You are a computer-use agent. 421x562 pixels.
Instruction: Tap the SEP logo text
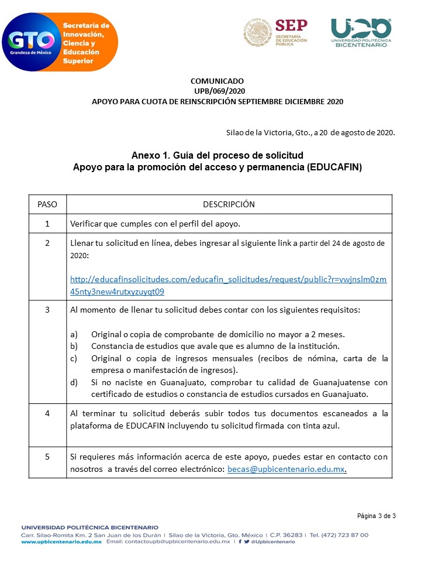(x=291, y=26)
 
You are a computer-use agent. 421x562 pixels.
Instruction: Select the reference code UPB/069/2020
(x=217, y=91)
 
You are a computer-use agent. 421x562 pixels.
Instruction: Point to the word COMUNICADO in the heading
(x=217, y=81)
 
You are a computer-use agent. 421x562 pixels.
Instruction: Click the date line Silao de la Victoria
(x=310, y=132)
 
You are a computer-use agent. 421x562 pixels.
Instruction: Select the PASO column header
(x=47, y=204)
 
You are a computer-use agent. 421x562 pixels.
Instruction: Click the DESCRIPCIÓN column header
(x=229, y=204)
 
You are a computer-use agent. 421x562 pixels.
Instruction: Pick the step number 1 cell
(x=47, y=224)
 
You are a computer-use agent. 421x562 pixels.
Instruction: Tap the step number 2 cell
(x=47, y=242)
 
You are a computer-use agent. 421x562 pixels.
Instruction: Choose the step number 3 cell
(x=47, y=309)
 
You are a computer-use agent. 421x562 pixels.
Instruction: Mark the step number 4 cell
(x=47, y=413)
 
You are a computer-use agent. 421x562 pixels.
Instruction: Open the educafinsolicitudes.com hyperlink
(x=228, y=285)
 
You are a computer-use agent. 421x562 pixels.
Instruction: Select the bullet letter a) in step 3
(x=74, y=334)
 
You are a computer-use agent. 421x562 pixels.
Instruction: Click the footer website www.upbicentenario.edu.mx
(x=61, y=542)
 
